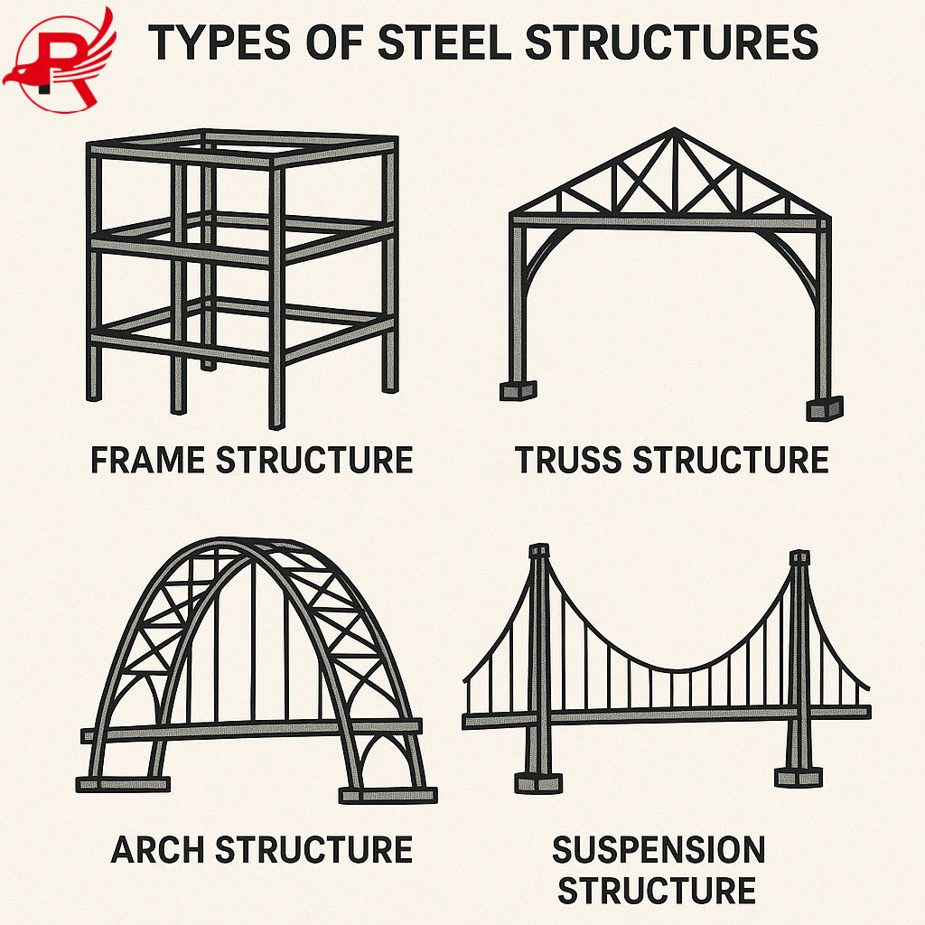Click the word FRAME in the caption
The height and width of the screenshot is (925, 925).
(148, 460)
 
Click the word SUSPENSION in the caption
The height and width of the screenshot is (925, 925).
(659, 849)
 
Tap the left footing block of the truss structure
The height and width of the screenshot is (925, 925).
(518, 390)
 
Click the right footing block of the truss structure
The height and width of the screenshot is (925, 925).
(824, 407)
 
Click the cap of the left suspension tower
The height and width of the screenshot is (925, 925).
(539, 551)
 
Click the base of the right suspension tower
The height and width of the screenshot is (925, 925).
(799, 776)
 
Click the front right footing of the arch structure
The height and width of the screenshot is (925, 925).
(388, 795)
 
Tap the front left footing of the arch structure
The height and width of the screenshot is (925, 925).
(123, 782)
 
